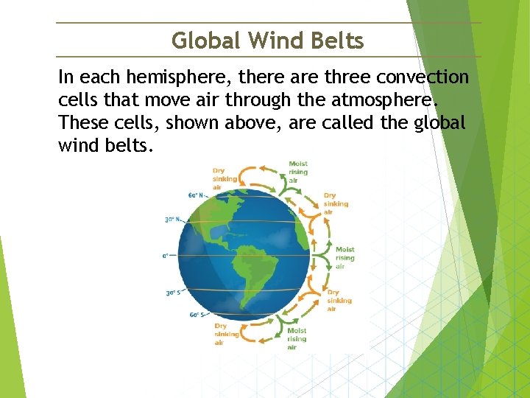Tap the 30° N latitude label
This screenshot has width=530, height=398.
tap(172, 220)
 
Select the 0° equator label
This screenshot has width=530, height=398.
tap(166, 256)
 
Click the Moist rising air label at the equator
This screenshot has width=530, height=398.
tap(344, 258)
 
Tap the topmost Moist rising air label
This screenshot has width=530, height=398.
tap(298, 171)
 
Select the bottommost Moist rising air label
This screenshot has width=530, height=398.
tap(297, 339)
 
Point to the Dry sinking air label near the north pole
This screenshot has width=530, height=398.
tap(225, 178)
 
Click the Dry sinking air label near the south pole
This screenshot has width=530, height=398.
tap(226, 334)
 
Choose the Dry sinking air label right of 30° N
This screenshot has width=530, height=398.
tap(336, 204)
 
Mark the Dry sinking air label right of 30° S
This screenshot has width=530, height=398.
tap(339, 301)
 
